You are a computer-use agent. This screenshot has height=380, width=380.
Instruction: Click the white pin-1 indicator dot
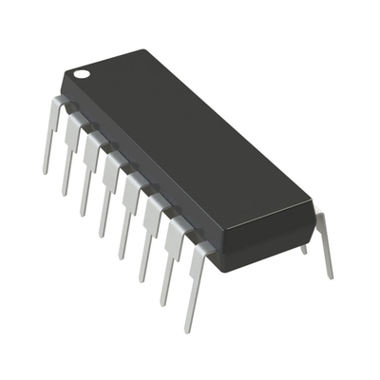pos(83,72)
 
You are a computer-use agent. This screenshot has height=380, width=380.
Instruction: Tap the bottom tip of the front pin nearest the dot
pos(46,171)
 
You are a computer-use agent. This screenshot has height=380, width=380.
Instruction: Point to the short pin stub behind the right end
pos(304,249)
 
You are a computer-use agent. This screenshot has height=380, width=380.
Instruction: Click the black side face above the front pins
pos(142,180)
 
